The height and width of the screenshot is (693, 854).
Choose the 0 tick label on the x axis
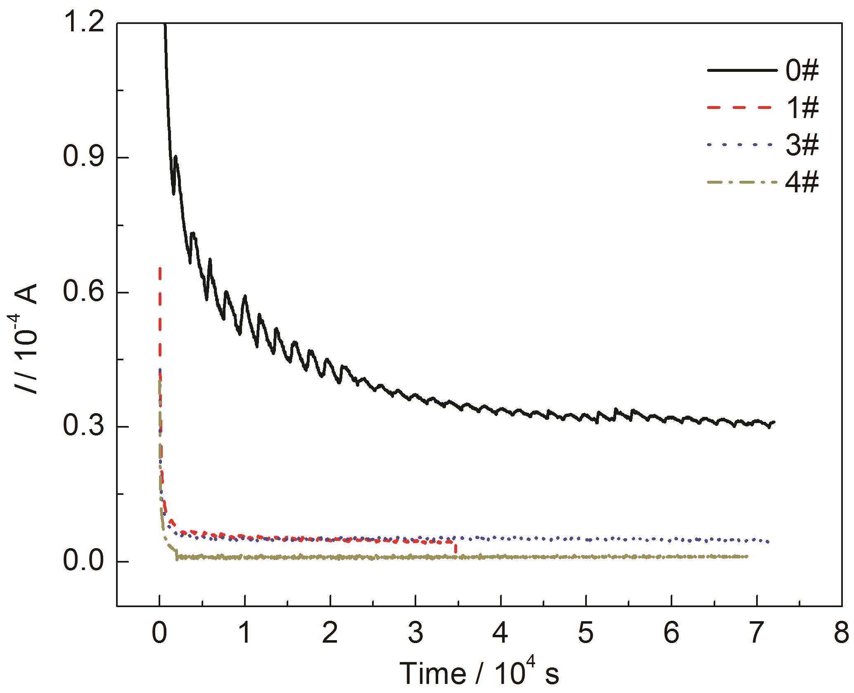159,633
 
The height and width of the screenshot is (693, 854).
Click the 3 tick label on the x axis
415,633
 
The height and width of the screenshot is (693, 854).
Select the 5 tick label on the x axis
586,633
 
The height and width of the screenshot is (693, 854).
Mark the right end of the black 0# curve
774,422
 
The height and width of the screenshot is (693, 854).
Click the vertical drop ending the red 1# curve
455,548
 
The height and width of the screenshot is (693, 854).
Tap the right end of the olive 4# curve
747,556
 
